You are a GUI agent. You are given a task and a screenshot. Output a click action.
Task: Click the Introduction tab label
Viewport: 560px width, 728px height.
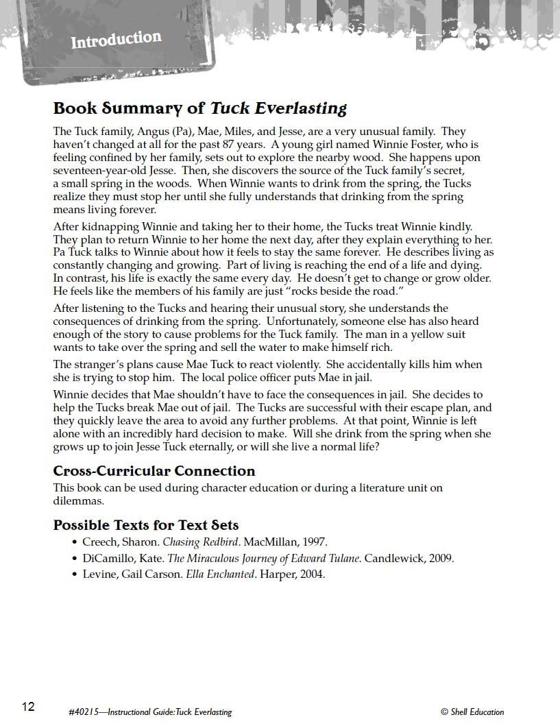(x=116, y=40)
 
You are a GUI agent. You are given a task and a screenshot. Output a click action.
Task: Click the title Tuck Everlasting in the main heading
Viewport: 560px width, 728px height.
(x=278, y=108)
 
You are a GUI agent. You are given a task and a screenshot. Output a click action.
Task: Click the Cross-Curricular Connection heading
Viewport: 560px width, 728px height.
(x=154, y=471)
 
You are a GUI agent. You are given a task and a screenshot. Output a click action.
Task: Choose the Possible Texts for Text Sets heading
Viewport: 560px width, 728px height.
(x=146, y=526)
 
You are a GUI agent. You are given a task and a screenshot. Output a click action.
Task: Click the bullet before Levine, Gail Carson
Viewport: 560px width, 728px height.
(x=75, y=575)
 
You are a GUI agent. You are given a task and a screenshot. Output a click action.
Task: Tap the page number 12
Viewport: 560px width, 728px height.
(x=28, y=707)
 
